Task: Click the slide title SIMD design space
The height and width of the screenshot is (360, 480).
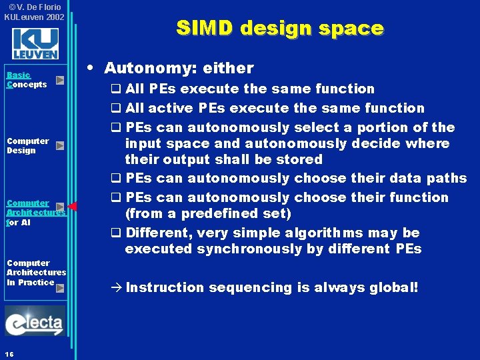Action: click(279, 28)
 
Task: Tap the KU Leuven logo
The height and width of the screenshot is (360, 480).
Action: click(35, 44)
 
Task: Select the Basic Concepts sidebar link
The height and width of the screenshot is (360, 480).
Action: click(27, 80)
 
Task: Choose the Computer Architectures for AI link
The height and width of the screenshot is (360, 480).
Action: click(33, 212)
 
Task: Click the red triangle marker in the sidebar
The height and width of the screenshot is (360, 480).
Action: click(73, 206)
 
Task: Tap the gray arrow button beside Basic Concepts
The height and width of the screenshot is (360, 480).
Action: click(60, 80)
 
